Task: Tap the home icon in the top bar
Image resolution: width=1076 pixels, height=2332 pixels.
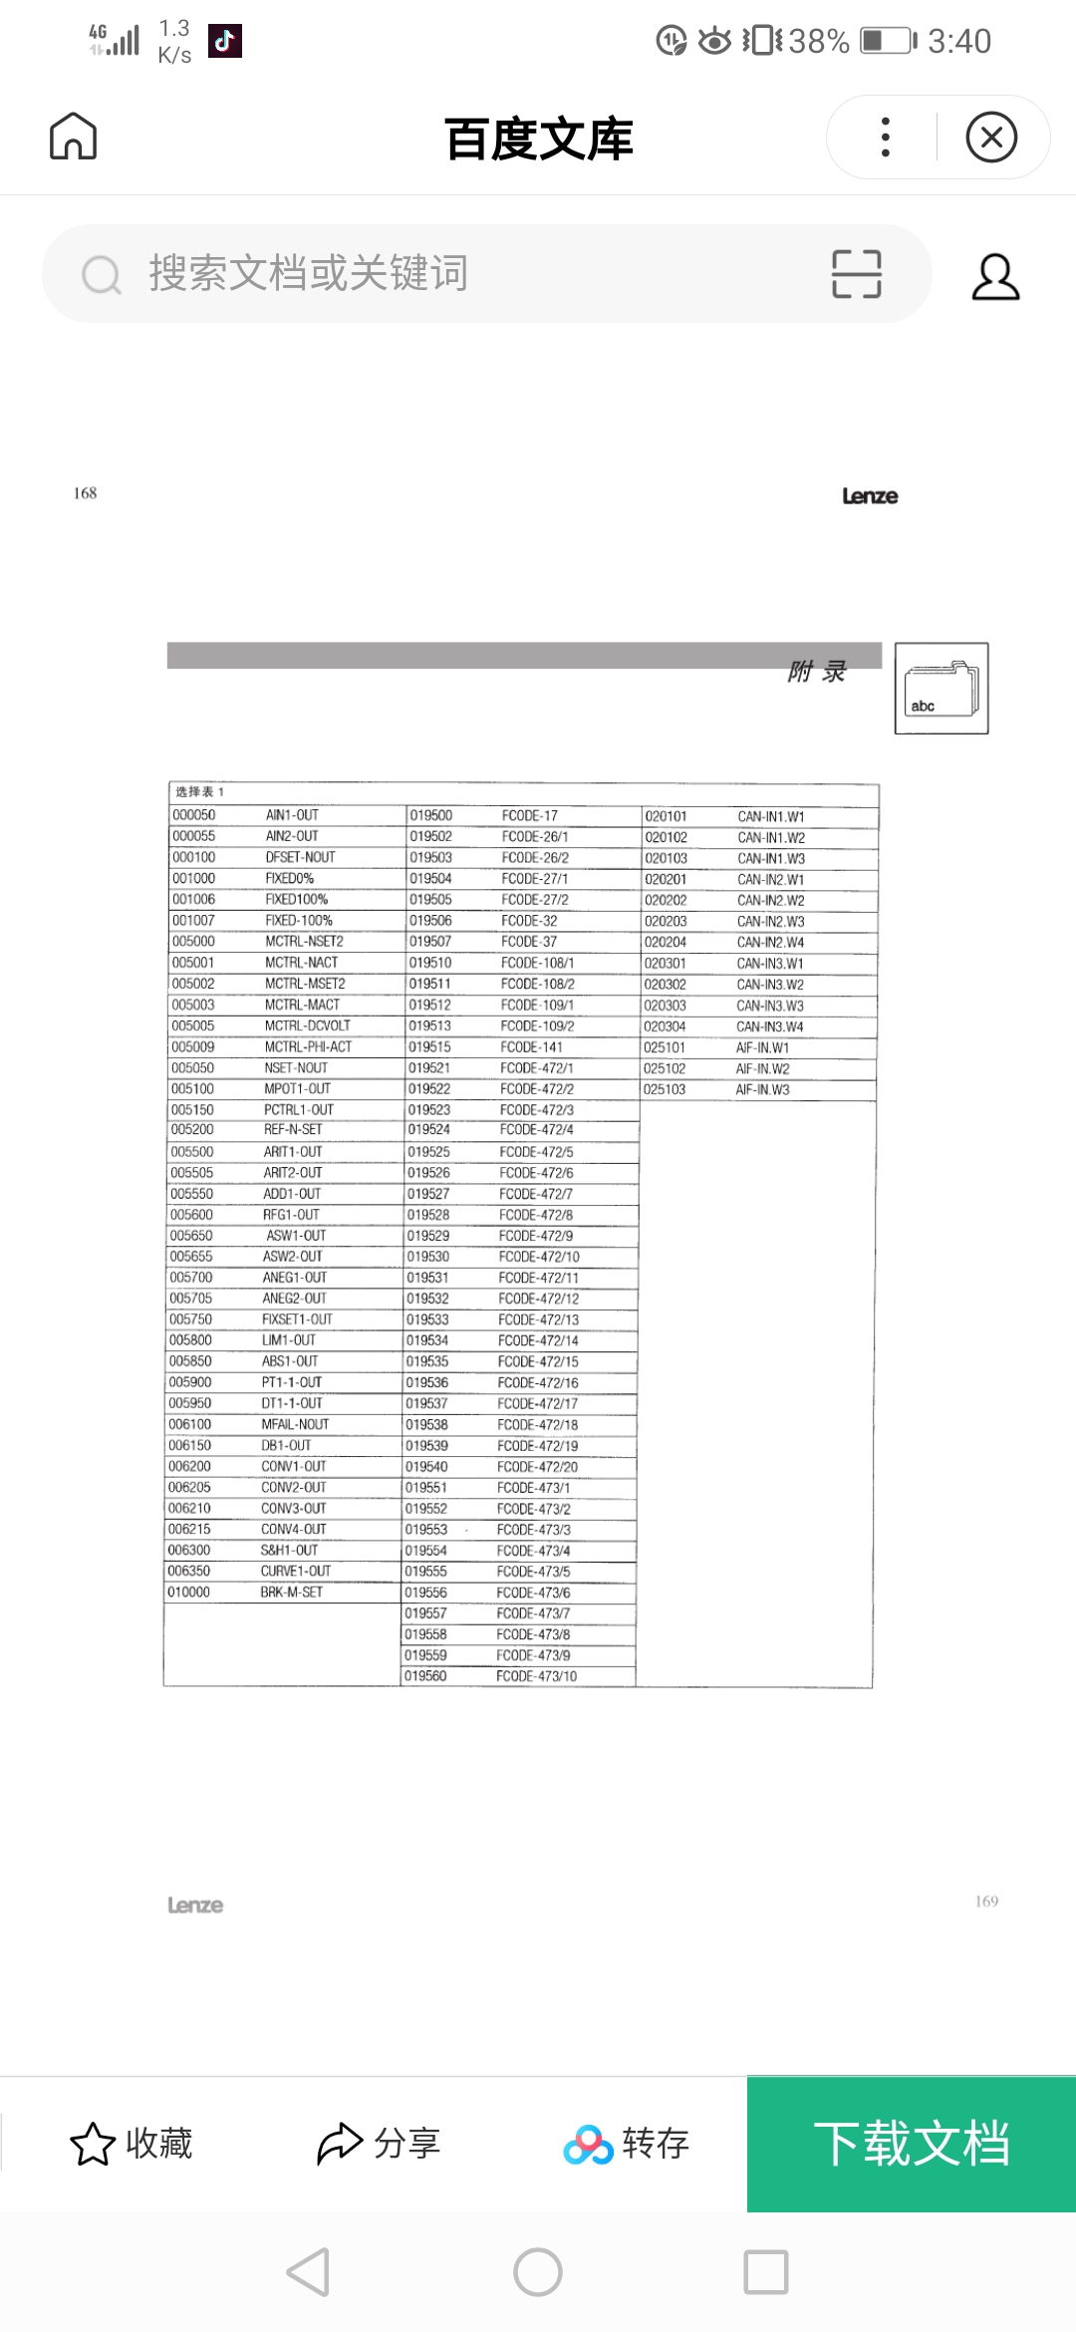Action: tap(74, 137)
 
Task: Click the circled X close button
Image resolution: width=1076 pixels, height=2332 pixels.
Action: tap(991, 138)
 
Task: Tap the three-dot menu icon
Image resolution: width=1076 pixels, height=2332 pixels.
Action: tap(885, 138)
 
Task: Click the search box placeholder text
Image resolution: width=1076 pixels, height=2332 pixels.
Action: tap(309, 273)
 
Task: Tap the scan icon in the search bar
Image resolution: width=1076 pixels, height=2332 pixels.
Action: tap(857, 274)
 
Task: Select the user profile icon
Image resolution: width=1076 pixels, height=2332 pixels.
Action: tap(995, 276)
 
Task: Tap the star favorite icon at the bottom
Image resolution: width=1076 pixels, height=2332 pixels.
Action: tap(93, 2144)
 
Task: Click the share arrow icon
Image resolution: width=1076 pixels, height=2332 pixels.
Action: tap(340, 2144)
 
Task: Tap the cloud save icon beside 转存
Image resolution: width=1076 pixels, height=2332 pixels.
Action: tap(588, 2145)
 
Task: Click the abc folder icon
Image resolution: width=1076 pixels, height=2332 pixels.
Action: tap(941, 689)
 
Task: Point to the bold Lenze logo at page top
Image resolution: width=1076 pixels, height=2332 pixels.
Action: tap(870, 496)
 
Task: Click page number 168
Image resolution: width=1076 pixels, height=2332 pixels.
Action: tap(86, 493)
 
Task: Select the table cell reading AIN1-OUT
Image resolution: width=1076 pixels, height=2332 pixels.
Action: tap(292, 815)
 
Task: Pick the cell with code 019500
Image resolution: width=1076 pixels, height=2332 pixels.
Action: tap(431, 815)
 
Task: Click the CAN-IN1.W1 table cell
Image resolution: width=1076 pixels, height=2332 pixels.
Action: tap(771, 817)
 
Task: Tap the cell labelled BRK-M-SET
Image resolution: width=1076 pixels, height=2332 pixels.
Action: tap(291, 1593)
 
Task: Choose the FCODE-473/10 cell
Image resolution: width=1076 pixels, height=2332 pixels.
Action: tap(537, 1676)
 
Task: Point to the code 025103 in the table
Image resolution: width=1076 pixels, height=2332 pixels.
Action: tap(665, 1090)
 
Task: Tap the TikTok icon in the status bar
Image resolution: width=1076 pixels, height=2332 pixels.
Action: tap(225, 41)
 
